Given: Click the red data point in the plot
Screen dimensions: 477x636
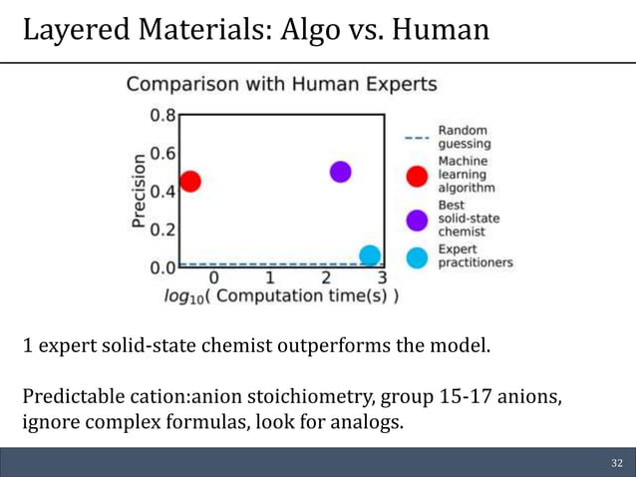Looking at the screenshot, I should point(189,182).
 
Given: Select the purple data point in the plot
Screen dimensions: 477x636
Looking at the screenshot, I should point(340,172).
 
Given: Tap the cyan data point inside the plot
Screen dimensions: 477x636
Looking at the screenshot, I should point(370,255).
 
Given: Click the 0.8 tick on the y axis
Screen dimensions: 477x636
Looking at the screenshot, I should point(162,115).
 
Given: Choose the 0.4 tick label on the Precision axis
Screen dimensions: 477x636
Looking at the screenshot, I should point(162,191).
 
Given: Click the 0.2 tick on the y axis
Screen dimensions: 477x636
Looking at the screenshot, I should point(162,229).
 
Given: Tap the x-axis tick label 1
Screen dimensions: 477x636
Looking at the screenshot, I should point(269,277).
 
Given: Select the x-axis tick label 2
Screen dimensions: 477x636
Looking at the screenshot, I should point(326,277).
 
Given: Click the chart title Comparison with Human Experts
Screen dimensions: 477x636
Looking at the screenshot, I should point(281,84).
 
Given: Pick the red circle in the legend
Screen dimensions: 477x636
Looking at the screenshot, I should point(419,176).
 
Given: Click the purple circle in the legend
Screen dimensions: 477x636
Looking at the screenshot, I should point(419,219).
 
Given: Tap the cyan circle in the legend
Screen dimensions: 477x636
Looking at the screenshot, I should point(419,256).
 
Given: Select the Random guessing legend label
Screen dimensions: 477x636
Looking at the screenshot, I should point(464,137).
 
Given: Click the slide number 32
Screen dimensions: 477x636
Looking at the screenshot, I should point(616,464).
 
